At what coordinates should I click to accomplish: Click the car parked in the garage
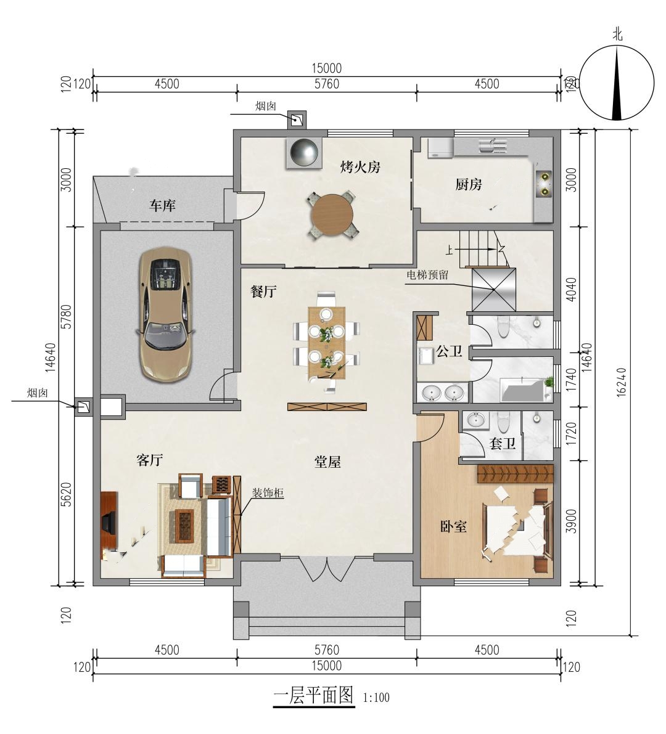(x=165, y=314)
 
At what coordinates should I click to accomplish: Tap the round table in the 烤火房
(x=332, y=215)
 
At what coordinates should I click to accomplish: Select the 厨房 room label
(x=468, y=184)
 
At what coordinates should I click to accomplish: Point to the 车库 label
(x=163, y=205)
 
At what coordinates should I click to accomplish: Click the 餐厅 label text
(x=264, y=292)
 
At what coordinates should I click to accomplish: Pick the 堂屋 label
(x=327, y=462)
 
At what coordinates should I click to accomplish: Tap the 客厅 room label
(x=150, y=460)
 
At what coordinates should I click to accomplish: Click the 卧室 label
(x=453, y=526)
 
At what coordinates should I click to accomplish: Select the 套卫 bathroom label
(x=503, y=443)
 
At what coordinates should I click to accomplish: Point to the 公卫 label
(x=449, y=351)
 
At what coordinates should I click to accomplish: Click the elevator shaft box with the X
(x=494, y=289)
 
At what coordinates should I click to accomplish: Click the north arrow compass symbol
(x=617, y=83)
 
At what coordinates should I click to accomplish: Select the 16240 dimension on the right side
(x=621, y=382)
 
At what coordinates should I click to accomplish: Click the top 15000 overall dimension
(x=326, y=68)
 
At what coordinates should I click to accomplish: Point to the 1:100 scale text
(x=376, y=698)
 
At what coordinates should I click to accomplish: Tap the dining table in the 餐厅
(x=326, y=343)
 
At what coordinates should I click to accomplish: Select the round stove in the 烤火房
(x=305, y=152)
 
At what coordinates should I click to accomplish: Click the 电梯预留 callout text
(x=427, y=275)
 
